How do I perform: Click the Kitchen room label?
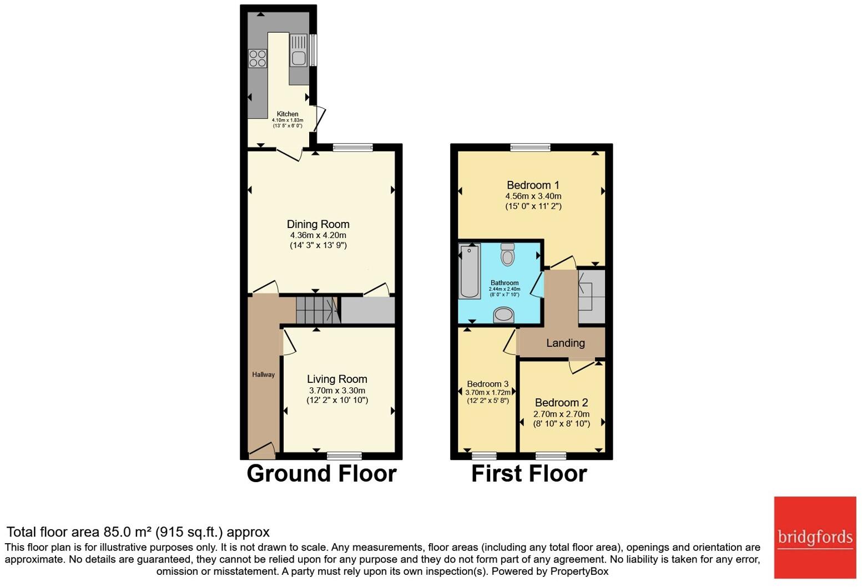[288, 114]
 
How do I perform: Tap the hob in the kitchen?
[258, 58]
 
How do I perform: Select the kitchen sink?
[299, 57]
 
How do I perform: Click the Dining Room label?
[318, 224]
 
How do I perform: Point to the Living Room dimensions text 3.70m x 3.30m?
[337, 391]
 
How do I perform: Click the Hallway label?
[263, 375]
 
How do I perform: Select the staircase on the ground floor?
[317, 310]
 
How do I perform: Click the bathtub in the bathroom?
[470, 271]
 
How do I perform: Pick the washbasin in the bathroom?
[503, 315]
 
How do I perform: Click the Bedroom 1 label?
[533, 185]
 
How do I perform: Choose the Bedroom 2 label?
[561, 403]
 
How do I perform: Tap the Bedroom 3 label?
[487, 384]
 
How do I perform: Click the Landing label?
[565, 343]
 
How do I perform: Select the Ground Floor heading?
[321, 474]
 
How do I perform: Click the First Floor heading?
[529, 474]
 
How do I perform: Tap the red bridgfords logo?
[815, 537]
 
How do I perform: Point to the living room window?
[344, 456]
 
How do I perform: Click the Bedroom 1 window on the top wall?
[531, 148]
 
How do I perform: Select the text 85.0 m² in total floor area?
[128, 532]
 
